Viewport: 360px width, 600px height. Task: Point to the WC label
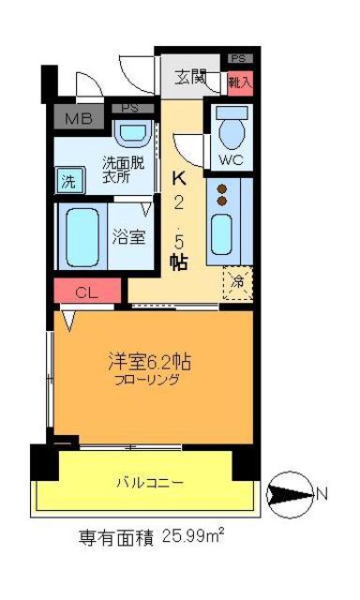click(x=232, y=159)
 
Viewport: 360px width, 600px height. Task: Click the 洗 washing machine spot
click(x=68, y=178)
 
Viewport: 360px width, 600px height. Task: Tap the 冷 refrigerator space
click(x=237, y=280)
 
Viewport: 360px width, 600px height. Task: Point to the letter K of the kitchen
click(x=178, y=174)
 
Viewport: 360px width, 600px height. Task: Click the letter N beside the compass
click(x=322, y=492)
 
